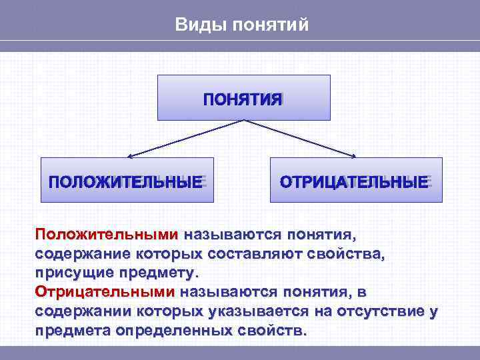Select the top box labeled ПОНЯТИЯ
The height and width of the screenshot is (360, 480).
[x=243, y=97]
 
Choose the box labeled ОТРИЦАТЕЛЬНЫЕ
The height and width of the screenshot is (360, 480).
[x=355, y=180]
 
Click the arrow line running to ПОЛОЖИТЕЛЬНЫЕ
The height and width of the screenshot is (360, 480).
[x=187, y=139]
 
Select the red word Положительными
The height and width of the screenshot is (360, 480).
[x=107, y=235]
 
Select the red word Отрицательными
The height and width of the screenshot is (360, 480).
[x=105, y=293]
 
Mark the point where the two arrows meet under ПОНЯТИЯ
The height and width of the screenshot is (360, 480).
[x=244, y=121]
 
